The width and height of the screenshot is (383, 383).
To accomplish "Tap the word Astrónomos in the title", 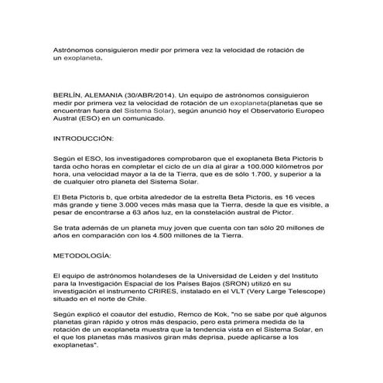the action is coord(77,50).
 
